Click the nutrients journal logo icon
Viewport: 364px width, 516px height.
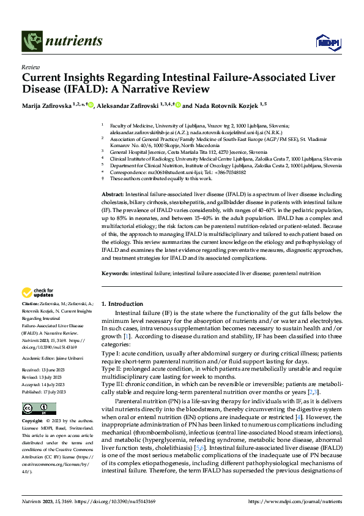31,42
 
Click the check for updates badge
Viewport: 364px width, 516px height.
38,293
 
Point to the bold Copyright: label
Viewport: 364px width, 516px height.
34,422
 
